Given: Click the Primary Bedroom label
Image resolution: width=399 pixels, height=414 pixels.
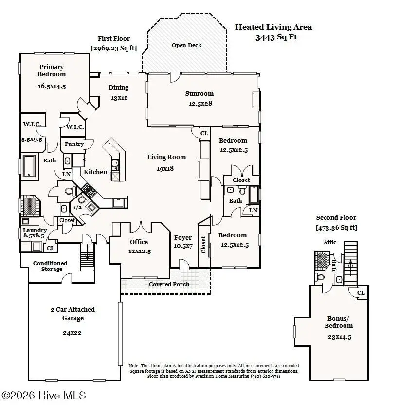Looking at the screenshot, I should click(x=52, y=71).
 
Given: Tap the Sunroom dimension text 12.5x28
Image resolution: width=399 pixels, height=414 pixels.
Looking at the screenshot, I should click(x=200, y=103).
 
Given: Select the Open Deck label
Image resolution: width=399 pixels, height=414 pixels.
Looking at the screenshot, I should click(x=186, y=45).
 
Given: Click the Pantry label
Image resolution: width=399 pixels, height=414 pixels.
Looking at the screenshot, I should click(x=74, y=144).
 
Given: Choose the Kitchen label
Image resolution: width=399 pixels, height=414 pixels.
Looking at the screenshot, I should click(x=95, y=172).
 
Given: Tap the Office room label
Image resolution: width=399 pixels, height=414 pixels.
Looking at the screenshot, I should click(x=139, y=242).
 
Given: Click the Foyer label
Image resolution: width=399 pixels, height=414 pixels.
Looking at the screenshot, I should click(x=183, y=237).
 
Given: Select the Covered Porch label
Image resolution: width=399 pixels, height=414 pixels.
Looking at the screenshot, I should click(x=169, y=284).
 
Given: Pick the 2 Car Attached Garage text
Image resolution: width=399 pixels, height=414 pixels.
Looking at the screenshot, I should click(x=73, y=314).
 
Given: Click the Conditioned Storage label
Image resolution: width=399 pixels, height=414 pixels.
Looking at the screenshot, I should click(x=50, y=266).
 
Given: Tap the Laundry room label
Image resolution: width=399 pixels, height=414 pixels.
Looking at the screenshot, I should click(x=35, y=230).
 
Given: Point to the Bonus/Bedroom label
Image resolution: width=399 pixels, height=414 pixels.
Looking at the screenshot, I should click(x=340, y=322).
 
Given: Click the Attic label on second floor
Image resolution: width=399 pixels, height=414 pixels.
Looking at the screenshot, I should click(x=329, y=242).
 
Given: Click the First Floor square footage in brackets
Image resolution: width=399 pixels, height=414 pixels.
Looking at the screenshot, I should click(x=114, y=48).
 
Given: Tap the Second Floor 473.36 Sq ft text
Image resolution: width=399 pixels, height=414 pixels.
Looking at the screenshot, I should click(x=336, y=227).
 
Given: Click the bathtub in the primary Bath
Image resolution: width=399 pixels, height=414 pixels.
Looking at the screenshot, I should click(x=29, y=165).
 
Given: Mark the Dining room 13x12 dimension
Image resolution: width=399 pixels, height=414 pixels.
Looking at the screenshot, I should click(x=119, y=98).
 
